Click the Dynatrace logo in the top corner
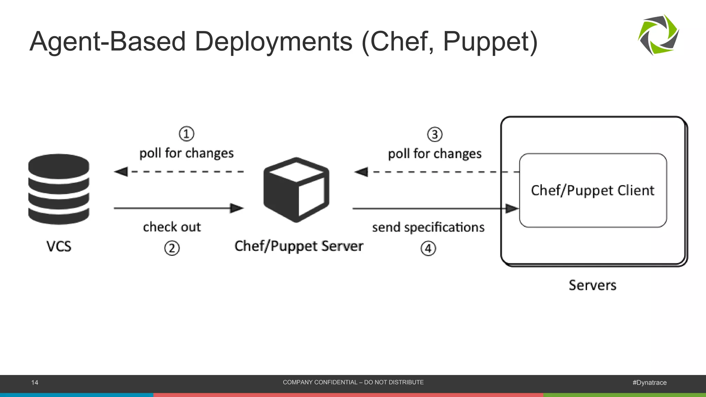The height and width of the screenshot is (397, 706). tap(658, 35)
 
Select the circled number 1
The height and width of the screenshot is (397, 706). tap(186, 134)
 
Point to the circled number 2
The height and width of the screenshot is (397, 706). tap(172, 248)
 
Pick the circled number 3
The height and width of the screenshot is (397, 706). tap(435, 134)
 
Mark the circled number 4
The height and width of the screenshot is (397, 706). tap(428, 248)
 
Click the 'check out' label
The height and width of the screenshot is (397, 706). tap(172, 227)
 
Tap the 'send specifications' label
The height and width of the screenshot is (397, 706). tap(428, 227)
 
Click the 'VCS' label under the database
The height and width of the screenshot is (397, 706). tap(59, 246)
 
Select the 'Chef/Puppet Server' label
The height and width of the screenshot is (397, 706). tap(299, 246)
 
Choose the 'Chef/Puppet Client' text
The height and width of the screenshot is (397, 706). tap(592, 190)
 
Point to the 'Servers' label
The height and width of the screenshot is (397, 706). tap(592, 285)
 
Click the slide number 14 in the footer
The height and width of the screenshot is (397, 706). tap(35, 383)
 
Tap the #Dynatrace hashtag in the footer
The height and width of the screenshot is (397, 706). tap(649, 383)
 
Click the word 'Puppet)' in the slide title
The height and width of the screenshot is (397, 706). tap(490, 42)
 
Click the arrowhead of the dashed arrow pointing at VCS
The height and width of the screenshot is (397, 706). tap(121, 171)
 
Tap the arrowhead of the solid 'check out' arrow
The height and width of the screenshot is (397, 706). tap(237, 208)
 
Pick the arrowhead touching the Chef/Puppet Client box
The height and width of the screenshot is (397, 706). tap(512, 208)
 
